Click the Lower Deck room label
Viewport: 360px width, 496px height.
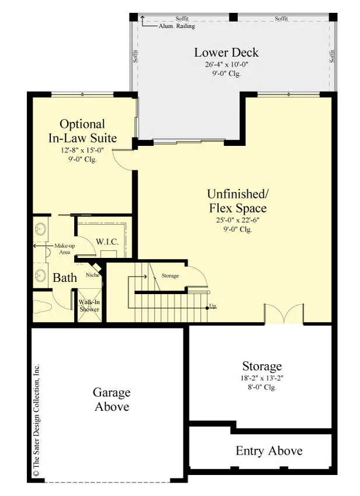tap(226, 53)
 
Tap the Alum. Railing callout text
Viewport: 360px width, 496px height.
tap(177, 26)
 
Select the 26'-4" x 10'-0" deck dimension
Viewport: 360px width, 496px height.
tap(226, 65)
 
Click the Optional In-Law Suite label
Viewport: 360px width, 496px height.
tap(83, 131)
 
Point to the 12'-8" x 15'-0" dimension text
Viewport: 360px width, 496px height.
tap(83, 150)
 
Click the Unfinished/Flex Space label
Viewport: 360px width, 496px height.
tap(238, 201)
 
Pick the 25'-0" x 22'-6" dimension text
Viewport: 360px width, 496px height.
tap(238, 220)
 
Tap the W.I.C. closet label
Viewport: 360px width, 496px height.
tap(107, 242)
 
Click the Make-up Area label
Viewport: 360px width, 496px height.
tap(65, 249)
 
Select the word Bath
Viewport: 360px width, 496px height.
tap(65, 278)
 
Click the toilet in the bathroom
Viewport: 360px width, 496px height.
tap(42, 306)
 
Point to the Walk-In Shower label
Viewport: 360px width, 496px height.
tap(89, 306)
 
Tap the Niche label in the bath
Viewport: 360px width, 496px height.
tap(93, 275)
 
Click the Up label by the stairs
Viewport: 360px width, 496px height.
tap(213, 306)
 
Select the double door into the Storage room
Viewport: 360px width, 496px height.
tap(284, 314)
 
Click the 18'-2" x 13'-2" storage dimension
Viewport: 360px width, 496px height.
tap(262, 378)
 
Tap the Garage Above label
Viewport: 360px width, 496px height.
tap(111, 400)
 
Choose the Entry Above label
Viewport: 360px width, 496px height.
tap(269, 450)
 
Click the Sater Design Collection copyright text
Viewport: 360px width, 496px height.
tap(36, 420)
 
